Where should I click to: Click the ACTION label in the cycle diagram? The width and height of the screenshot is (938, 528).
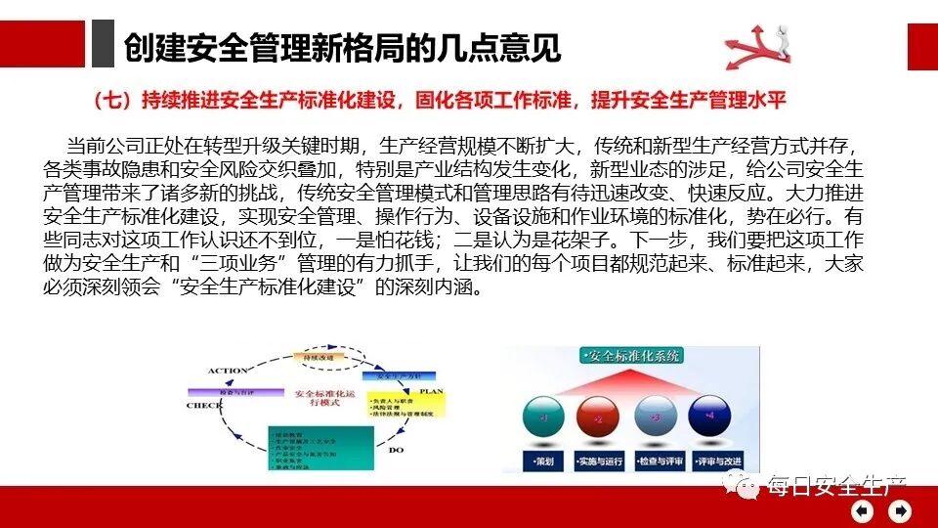[228, 371]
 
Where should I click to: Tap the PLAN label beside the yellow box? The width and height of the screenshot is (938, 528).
[432, 390]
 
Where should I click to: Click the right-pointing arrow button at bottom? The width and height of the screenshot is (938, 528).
[900, 510]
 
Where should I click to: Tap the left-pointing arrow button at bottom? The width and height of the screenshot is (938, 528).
[863, 510]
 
